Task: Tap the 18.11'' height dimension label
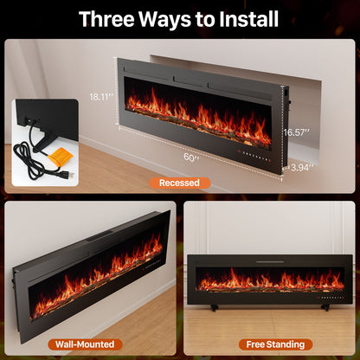(x=103, y=97)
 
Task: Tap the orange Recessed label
(x=180, y=183)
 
